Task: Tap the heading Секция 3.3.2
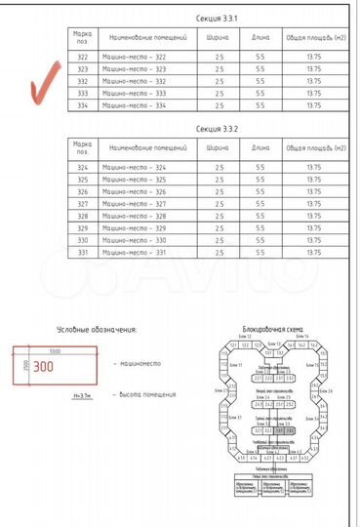pyautogui.click(x=216, y=127)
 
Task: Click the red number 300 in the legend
pyautogui.click(x=43, y=368)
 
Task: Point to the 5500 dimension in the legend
pyautogui.click(x=56, y=349)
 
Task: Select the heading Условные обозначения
pyautogui.click(x=96, y=330)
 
